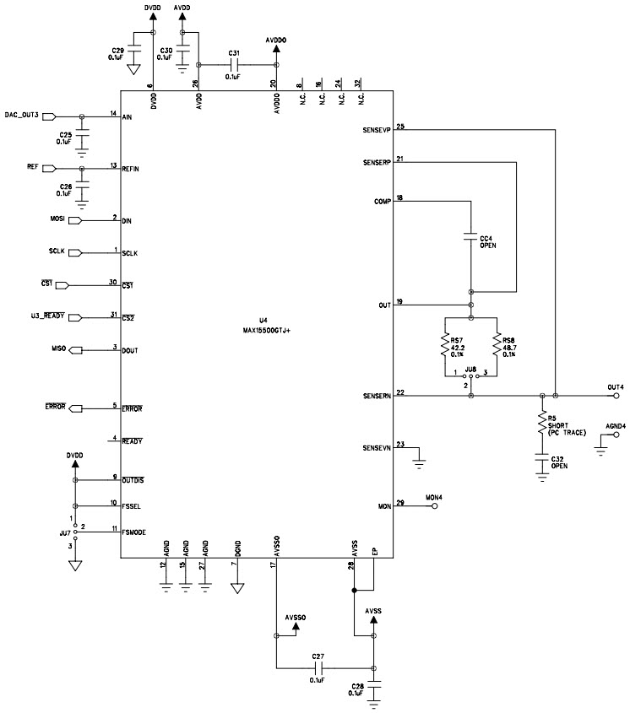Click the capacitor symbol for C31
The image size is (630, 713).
[x=236, y=64]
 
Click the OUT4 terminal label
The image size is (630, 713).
[x=615, y=387]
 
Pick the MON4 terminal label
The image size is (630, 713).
[x=434, y=498]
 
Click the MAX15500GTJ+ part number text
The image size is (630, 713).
[x=265, y=331]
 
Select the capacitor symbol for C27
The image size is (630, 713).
[x=318, y=669]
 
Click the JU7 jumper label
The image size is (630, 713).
[x=65, y=533]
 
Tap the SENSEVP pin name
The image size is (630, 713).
[x=377, y=131]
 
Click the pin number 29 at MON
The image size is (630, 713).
[x=399, y=503]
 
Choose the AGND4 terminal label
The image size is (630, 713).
[x=616, y=426]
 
